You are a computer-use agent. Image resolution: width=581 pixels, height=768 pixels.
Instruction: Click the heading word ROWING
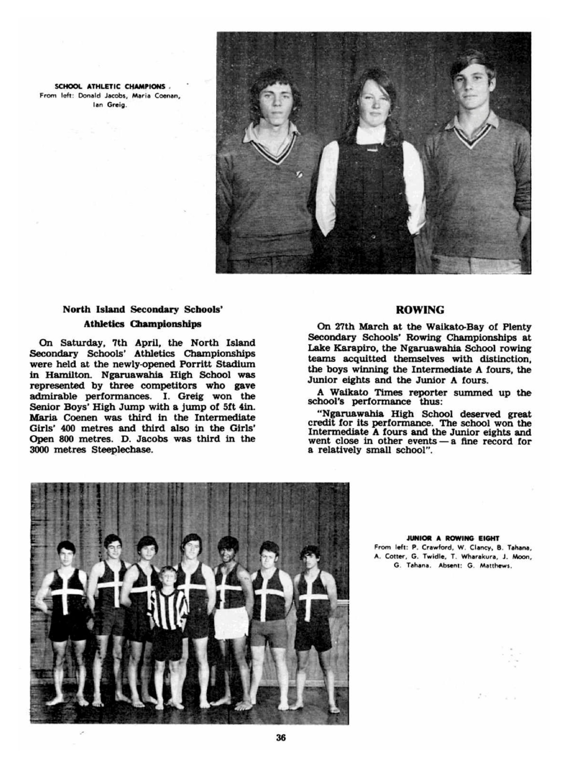[x=419, y=310]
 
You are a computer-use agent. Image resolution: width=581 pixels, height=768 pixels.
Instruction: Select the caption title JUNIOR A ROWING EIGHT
[x=453, y=538]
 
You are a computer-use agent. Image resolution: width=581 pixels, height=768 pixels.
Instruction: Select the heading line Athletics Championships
[x=142, y=324]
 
